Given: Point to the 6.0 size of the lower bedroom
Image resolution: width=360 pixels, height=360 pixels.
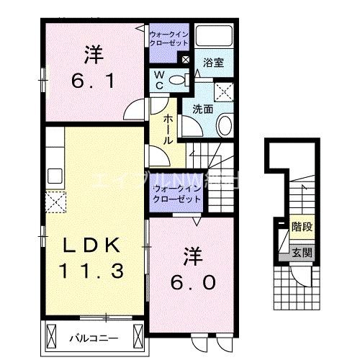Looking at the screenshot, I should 193,283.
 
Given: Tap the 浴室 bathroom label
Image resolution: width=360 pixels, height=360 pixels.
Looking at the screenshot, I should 214,63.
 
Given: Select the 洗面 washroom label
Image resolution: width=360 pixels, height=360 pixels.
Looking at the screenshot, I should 202,109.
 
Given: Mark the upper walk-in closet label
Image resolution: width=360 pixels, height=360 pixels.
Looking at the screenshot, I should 168,38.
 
